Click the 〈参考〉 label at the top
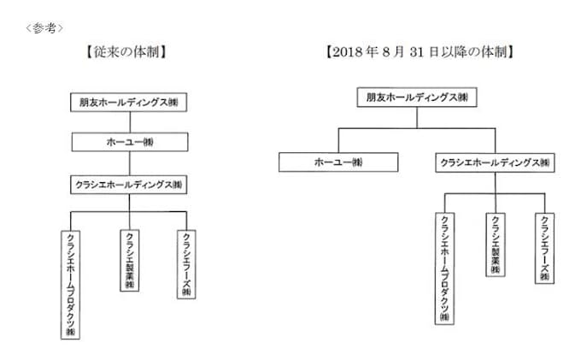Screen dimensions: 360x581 click(44, 27)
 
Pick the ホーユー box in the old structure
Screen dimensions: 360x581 click(129, 142)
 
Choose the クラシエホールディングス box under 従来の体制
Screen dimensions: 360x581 click(129, 183)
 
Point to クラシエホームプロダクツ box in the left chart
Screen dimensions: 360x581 click(71, 283)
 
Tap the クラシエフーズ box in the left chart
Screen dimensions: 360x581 click(187, 263)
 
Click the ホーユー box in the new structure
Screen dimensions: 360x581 click(338, 162)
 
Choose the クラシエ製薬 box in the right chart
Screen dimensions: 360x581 click(495, 244)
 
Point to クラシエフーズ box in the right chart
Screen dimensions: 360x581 click(544, 248)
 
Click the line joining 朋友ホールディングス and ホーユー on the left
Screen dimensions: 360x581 click(129, 121)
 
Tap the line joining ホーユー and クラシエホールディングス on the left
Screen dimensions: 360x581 click(129, 162)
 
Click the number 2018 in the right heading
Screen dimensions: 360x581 click(350, 51)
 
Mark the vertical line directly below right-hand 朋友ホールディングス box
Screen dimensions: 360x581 click(417, 117)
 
